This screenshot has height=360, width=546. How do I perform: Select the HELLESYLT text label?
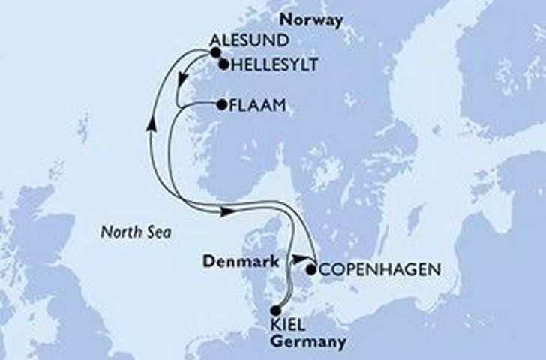click(267, 66)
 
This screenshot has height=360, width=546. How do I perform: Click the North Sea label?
click(136, 233)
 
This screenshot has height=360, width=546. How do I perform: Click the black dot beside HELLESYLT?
click(223, 65)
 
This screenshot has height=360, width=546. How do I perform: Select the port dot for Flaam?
click(221, 106)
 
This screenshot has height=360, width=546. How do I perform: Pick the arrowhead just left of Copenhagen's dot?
click(298, 259)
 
